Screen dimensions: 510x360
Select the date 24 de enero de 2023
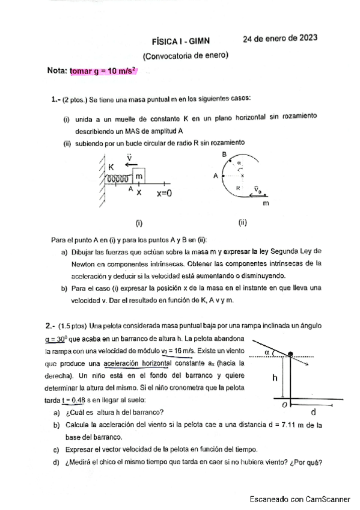(279, 38)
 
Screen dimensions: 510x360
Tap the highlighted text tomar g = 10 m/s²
(103, 71)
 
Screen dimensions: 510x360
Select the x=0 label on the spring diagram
(164, 194)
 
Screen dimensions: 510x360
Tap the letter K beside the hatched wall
(111, 167)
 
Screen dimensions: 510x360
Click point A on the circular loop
(215, 176)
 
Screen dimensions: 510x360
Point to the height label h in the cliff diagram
(274, 378)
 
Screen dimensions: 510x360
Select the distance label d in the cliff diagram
(313, 413)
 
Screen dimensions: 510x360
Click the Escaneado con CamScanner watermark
(300, 499)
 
